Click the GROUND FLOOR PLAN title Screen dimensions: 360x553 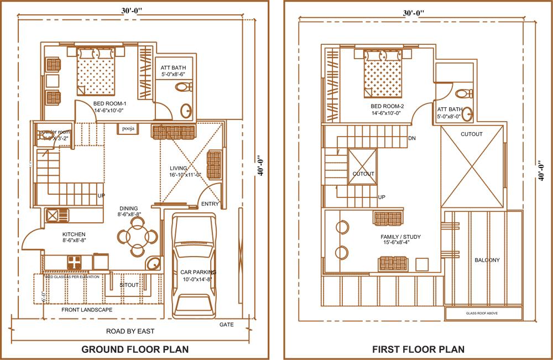point(135,349)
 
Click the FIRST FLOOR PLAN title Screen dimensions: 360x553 point(418,349)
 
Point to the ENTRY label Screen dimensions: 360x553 point(210,204)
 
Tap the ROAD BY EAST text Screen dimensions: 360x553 point(130,331)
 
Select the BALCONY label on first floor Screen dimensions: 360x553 point(487,260)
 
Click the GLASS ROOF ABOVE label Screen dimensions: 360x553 point(484,314)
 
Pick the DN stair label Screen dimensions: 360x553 point(411,138)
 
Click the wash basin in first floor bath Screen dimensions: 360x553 point(468,114)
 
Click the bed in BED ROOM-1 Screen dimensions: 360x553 point(97,71)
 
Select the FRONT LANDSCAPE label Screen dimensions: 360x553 point(87,310)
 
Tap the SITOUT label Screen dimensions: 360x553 point(129,285)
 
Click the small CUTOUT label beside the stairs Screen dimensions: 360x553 point(363,174)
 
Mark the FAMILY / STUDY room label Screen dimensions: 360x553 point(400,237)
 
